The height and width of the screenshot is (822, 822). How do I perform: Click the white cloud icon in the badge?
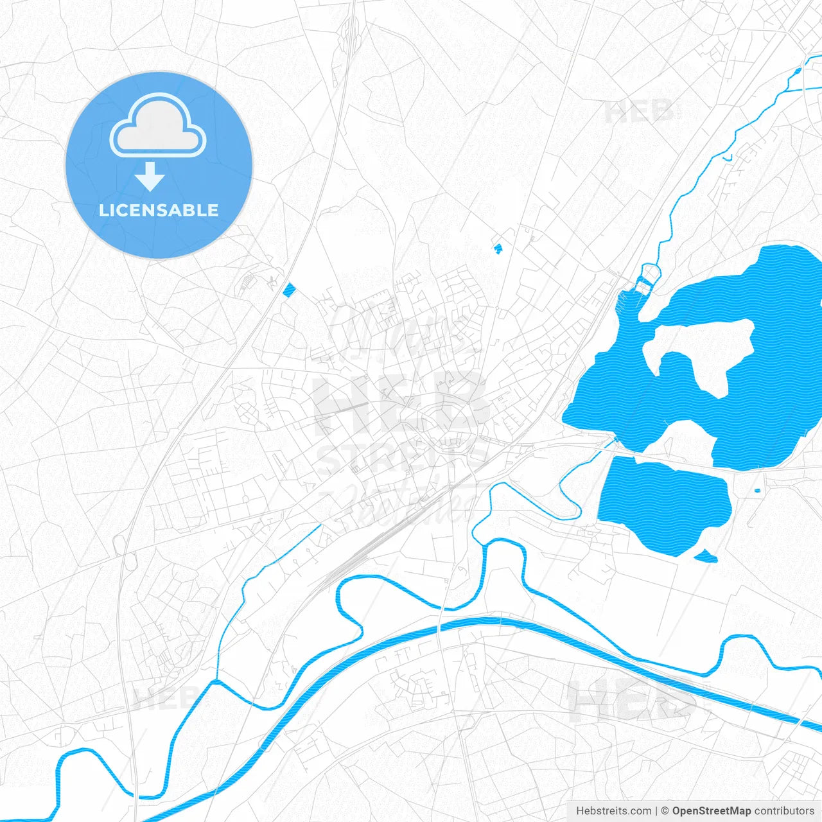tap(158, 127)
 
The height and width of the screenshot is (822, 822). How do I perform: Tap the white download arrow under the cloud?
tap(150, 177)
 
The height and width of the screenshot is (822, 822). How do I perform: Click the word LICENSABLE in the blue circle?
tap(159, 210)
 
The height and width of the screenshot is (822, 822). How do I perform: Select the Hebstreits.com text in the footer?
tap(613, 811)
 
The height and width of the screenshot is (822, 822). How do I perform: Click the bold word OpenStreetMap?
tap(711, 811)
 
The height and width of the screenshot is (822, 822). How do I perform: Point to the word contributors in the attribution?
tap(784, 811)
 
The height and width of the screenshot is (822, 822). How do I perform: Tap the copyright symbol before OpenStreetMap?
tap(665, 811)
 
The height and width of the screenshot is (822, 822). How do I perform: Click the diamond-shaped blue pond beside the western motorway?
tap(289, 290)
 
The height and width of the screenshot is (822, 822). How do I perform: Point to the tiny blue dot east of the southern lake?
tap(757, 491)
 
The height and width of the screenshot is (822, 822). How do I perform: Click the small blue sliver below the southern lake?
tap(706, 557)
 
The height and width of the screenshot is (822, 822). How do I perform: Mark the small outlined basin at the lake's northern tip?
tap(647, 277)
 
